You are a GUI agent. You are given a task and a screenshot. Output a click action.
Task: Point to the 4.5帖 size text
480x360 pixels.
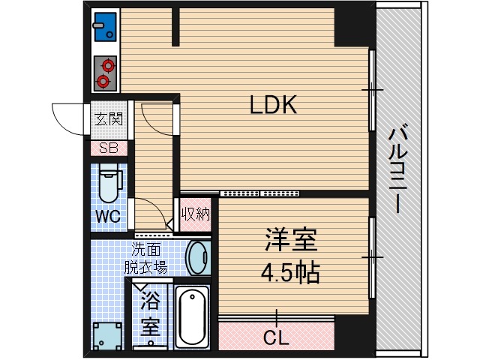[x=290, y=271]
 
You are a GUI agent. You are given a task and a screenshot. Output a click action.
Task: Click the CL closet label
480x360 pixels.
[x=275, y=338]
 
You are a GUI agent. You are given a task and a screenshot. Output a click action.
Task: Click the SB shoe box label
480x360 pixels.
[x=108, y=148]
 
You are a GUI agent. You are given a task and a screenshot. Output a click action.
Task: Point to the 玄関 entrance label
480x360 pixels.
[x=108, y=118]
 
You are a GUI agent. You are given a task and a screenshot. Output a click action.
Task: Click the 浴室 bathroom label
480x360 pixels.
[x=151, y=316]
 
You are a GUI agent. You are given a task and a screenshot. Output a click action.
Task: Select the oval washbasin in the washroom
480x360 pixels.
[x=198, y=257]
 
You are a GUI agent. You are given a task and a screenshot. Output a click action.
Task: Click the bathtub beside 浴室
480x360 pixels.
[x=193, y=317]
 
